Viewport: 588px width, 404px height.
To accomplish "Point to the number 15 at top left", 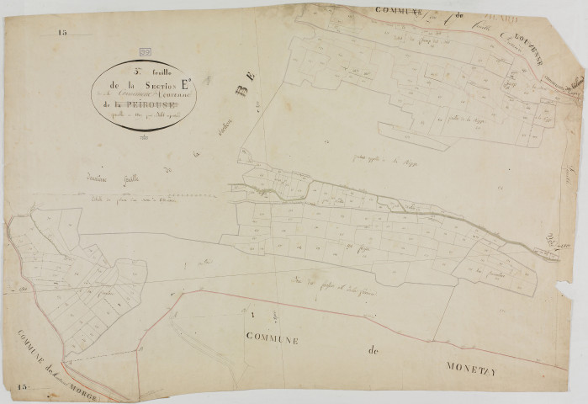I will pyautogui.click(x=62, y=33).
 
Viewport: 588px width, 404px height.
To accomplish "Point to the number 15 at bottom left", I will pyautogui.click(x=21, y=385).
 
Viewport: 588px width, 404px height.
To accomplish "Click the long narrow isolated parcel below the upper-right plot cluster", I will pyautogui.click(x=412, y=135).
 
